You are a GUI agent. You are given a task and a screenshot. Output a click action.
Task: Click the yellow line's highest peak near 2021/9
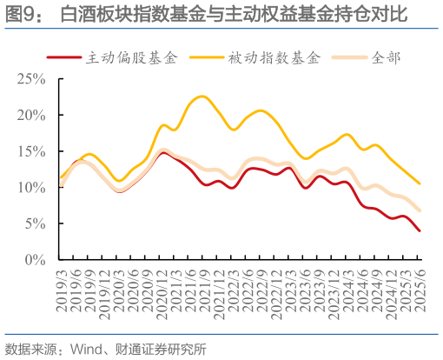point(200,96)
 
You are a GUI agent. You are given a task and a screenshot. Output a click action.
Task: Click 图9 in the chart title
point(23,15)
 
